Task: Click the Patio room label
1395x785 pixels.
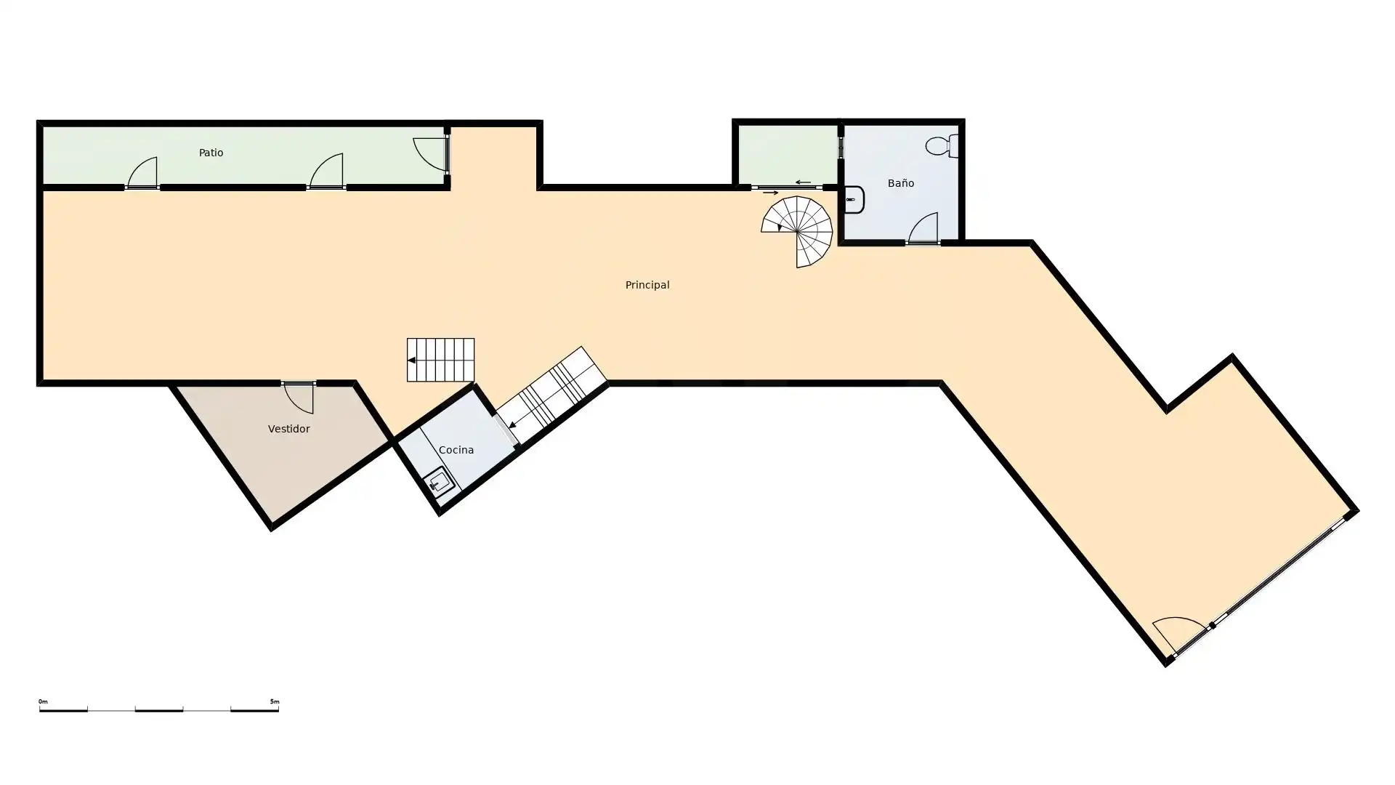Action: coord(211,153)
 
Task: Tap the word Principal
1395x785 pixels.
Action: coord(647,285)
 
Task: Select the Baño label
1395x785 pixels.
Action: coord(901,183)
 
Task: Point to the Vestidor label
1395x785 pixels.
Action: coord(288,429)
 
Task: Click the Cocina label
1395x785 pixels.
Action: coord(456,450)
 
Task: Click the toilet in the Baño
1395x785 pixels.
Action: coord(942,146)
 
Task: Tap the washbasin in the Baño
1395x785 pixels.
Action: coord(854,200)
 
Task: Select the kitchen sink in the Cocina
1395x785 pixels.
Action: coord(439,482)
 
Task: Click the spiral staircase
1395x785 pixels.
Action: coord(797,232)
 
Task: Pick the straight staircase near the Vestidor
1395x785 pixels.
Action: coord(440,360)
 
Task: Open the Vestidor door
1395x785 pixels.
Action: coord(299,397)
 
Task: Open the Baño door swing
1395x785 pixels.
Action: coord(923,228)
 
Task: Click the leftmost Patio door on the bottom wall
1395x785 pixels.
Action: coord(142,173)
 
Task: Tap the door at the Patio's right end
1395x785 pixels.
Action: coord(431,154)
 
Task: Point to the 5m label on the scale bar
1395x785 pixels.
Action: coord(274,701)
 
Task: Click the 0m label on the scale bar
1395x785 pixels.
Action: coord(43,701)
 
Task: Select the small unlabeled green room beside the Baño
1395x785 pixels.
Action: coord(788,155)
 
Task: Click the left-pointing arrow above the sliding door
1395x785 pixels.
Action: coord(803,182)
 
